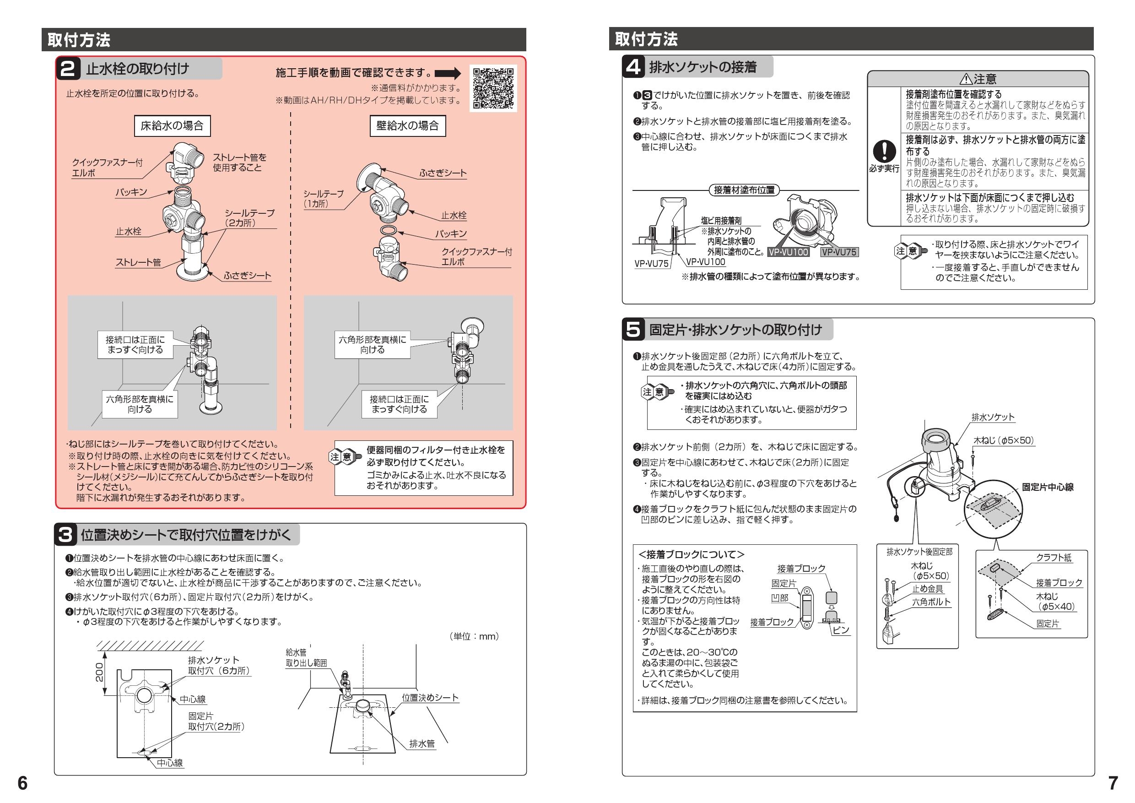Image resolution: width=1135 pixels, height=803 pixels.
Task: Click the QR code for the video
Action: click(492, 88)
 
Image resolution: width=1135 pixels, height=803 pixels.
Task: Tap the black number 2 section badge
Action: click(68, 69)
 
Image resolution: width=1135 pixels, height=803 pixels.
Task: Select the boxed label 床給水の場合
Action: click(172, 125)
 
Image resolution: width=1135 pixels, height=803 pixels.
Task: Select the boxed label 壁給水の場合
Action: click(407, 125)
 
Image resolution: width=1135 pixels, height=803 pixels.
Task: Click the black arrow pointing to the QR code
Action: click(448, 74)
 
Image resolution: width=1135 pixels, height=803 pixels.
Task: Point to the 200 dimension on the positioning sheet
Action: click(99, 673)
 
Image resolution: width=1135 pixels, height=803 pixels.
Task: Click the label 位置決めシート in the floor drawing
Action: click(430, 698)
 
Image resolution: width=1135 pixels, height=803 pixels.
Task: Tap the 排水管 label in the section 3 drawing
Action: click(422, 743)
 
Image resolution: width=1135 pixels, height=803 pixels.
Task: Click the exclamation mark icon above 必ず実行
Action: click(884, 151)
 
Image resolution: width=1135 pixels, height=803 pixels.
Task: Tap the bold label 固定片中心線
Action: click(1048, 487)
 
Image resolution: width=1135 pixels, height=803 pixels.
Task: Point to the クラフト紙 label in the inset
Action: click(1054, 558)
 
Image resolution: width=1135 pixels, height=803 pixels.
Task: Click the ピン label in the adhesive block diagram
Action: click(841, 630)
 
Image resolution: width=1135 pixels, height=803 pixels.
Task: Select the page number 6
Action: click(23, 783)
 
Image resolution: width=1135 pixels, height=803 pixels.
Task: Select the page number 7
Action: click(1113, 783)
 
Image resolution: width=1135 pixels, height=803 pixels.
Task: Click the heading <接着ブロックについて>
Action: click(691, 555)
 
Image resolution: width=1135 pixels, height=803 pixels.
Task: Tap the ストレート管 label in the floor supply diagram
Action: click(138, 263)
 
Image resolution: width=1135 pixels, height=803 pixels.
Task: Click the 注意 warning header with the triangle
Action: click(978, 79)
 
